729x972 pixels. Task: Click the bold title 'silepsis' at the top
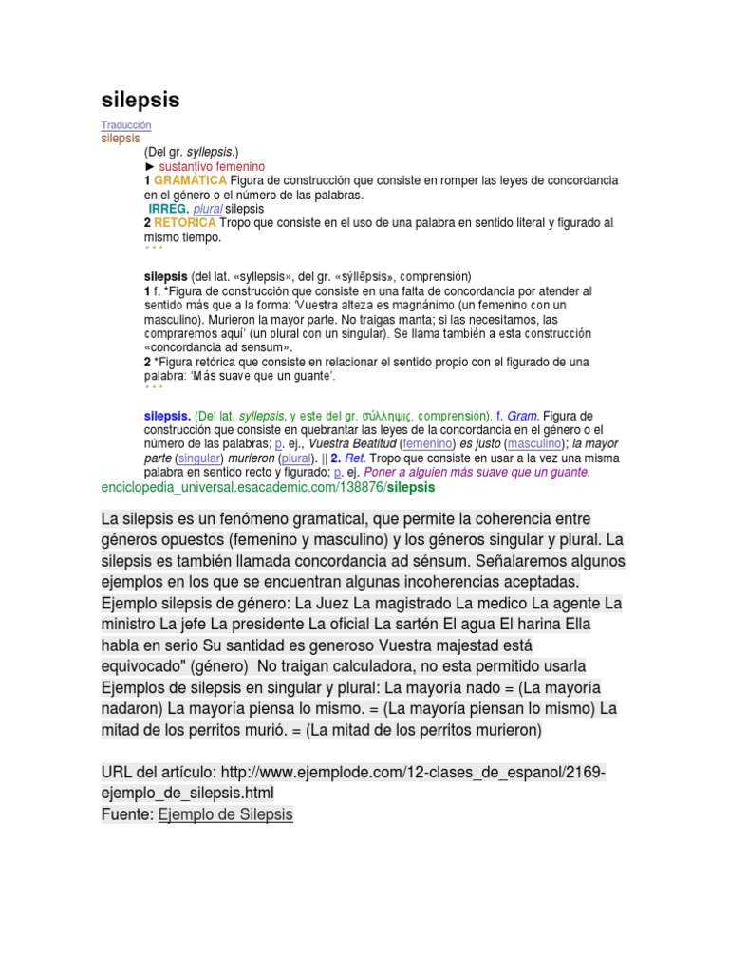click(140, 101)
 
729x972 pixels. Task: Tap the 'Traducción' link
click(125, 125)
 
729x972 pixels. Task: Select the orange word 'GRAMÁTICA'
click(190, 180)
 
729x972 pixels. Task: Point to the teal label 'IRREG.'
click(168, 209)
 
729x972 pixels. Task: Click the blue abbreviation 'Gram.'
click(522, 416)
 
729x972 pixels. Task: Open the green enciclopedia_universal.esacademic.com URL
click(267, 487)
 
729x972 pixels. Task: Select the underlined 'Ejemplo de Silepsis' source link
click(226, 814)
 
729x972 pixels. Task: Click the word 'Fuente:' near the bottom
click(126, 814)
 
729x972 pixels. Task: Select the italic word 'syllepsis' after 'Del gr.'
click(210, 152)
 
